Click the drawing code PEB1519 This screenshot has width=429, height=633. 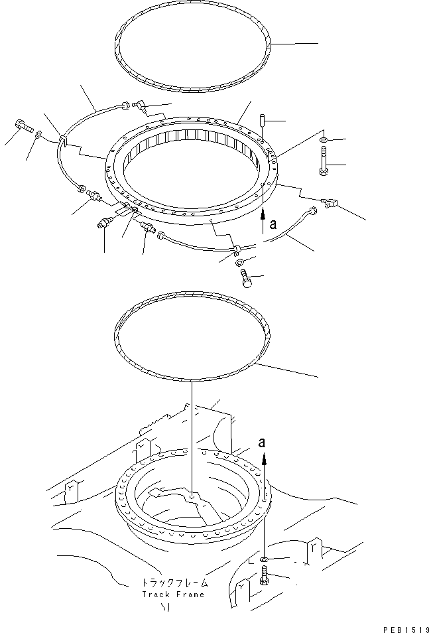coord(404,626)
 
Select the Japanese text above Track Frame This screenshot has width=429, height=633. coord(174,583)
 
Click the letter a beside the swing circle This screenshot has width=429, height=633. coord(273,225)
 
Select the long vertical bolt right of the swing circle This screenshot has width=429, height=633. coord(323,163)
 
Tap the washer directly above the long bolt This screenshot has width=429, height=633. coord(323,141)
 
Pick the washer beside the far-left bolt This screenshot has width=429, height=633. coord(39,135)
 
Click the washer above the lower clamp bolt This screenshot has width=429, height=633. coord(238,263)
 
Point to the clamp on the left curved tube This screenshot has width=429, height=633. coord(63,141)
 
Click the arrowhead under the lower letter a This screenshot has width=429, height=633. coord(265,458)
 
